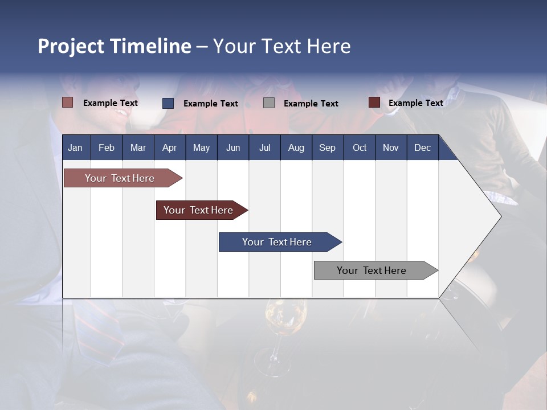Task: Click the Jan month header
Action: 75,147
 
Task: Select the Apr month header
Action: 169,147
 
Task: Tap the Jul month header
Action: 264,147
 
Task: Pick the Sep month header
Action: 327,147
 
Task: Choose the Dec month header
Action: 422,147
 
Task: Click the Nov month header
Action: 390,147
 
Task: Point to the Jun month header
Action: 232,147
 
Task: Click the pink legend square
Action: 67,102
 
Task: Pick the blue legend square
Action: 168,103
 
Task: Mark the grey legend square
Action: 269,103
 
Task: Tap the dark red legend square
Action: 374,102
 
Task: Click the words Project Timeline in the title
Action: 114,46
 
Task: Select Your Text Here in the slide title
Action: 281,46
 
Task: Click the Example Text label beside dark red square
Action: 415,103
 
